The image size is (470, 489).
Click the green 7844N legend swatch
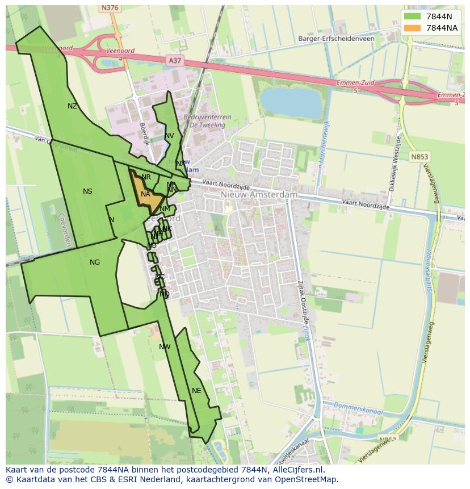tap(413, 17)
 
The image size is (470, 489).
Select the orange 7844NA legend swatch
tap(413, 28)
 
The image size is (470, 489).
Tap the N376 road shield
tap(109, 8)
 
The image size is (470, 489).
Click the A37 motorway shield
tap(175, 60)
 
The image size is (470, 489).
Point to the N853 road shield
tap(421, 157)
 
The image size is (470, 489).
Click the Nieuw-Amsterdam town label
tap(258, 195)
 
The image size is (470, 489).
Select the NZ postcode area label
tap(72, 106)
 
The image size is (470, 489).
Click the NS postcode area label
tap(87, 191)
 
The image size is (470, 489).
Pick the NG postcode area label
tap(95, 262)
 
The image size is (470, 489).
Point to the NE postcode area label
tap(196, 391)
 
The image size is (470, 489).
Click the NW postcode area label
tap(165, 347)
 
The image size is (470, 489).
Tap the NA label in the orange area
tap(145, 194)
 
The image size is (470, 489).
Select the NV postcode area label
tap(169, 136)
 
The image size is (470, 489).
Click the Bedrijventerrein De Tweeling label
tap(207, 120)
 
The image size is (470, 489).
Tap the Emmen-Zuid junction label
tap(355, 83)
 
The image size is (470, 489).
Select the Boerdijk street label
tap(144, 134)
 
